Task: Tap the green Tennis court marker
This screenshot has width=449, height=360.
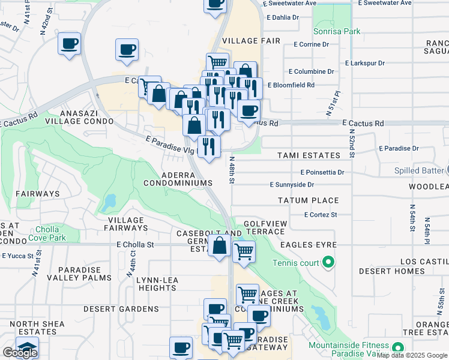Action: tap(328, 262)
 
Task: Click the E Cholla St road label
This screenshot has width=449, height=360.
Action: tap(135, 245)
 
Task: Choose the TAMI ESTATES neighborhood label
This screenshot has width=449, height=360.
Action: tap(309, 155)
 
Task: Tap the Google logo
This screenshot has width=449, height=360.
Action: tap(20, 353)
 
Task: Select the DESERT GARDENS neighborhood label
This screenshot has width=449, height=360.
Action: tap(121, 308)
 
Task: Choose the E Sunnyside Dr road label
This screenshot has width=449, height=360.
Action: tap(292, 185)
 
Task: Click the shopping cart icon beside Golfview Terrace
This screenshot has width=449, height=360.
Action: tap(244, 251)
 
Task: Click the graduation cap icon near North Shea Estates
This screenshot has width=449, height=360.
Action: tap(27, 347)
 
